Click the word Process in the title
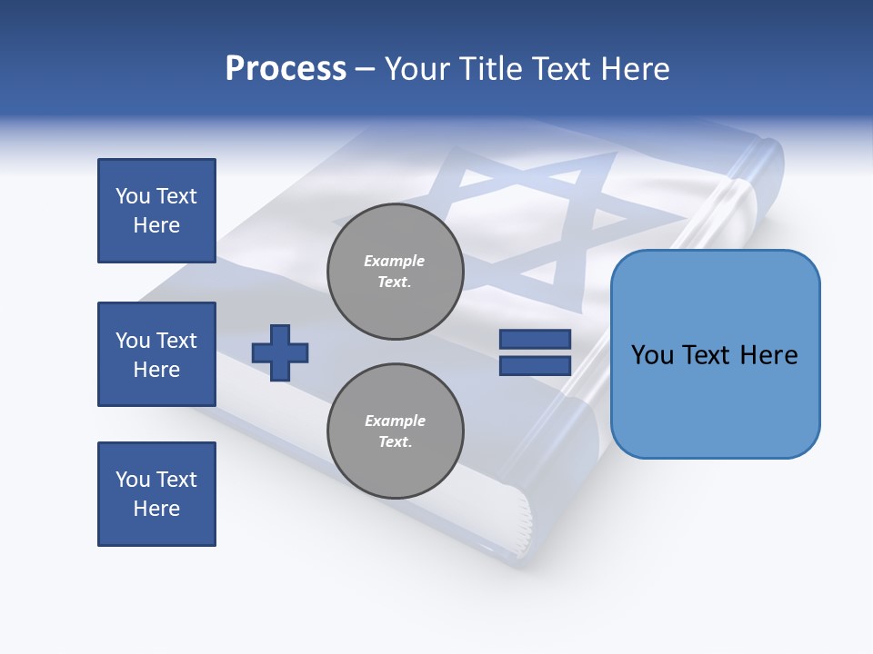286,69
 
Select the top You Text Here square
156,211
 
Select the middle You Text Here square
156,354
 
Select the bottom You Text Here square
156,494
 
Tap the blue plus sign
280,352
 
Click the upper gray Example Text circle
396,272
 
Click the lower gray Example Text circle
396,431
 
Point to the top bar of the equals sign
535,340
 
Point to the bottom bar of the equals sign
535,365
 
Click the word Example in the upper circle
395,262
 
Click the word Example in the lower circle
395,421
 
